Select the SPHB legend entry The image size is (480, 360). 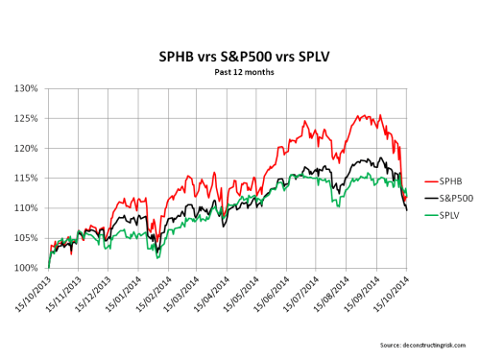click(x=438, y=180)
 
